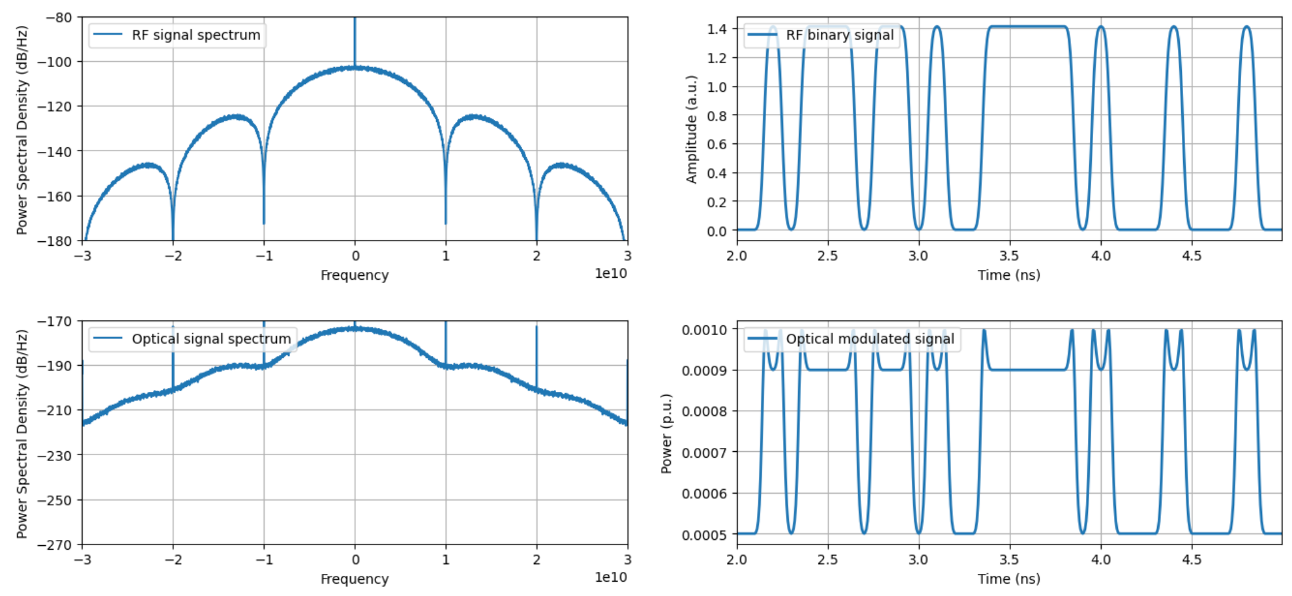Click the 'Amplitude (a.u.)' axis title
coord(692,129)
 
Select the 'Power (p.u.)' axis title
coord(666,433)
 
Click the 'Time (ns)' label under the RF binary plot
coord(1008,275)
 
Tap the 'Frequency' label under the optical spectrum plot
coord(355,579)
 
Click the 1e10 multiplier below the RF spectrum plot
coord(611,274)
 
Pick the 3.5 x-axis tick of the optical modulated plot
coord(1009,559)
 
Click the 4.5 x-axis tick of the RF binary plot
coord(1192,256)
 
